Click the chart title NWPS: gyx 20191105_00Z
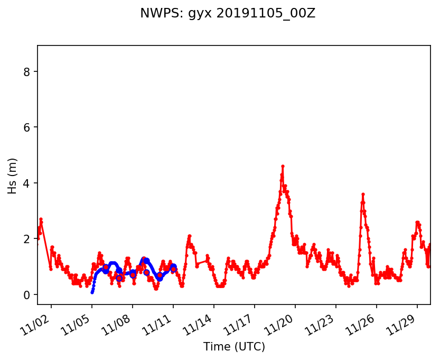click(228, 14)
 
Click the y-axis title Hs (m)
click(12, 176)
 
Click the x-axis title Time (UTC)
click(234, 347)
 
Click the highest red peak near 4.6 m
click(283, 166)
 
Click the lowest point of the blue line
click(92, 292)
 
